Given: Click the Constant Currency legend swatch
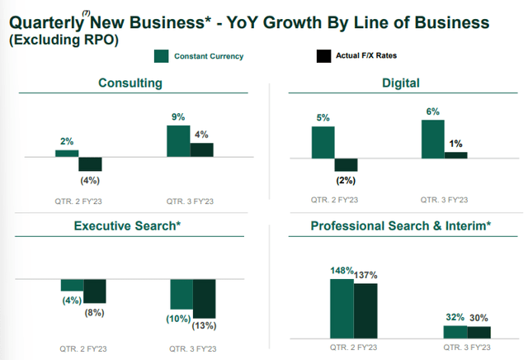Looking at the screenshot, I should pyautogui.click(x=163, y=56).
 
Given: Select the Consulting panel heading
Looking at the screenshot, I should pyautogui.click(x=130, y=83).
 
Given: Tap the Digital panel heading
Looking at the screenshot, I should pyautogui.click(x=402, y=83).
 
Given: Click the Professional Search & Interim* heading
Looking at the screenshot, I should pyautogui.click(x=400, y=225).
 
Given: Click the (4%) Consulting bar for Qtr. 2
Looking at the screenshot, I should pyautogui.click(x=90, y=163).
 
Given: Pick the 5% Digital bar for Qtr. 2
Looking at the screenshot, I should pyautogui.click(x=323, y=141).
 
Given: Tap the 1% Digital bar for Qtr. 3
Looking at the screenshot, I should pyautogui.click(x=455, y=154).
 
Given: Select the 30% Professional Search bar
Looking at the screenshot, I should pyautogui.click(x=479, y=332).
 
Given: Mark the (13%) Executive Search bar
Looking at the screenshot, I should pyautogui.click(x=204, y=298).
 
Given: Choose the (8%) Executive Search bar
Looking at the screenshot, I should pyautogui.click(x=95, y=291).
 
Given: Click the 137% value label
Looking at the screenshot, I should pyautogui.click(x=366, y=273).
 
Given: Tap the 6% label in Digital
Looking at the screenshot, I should pyautogui.click(x=433, y=111).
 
